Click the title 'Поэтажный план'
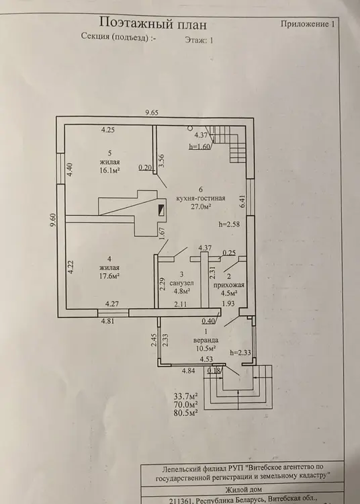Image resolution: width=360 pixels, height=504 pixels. (x=153, y=24)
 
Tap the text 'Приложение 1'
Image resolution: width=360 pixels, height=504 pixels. (x=308, y=24)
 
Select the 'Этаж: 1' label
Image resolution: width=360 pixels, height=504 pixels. (x=199, y=40)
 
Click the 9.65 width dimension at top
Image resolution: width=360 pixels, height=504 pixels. (x=152, y=112)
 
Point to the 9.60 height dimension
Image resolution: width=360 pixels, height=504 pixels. (x=53, y=220)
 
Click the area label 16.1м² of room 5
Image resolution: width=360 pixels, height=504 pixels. (x=110, y=171)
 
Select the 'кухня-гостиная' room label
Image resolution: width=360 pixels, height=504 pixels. (x=201, y=198)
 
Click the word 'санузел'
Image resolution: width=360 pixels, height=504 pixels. (x=182, y=283)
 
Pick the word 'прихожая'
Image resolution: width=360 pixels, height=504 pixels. (x=229, y=285)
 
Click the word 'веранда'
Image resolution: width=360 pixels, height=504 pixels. (x=206, y=340)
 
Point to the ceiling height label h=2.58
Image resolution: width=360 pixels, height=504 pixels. (x=229, y=224)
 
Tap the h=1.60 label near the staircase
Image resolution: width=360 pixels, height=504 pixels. (x=199, y=146)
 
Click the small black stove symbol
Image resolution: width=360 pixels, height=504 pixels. (x=162, y=210)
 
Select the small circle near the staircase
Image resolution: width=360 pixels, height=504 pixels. (x=191, y=128)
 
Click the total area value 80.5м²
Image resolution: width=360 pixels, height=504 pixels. (x=185, y=413)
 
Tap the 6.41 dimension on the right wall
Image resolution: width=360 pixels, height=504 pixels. (x=242, y=201)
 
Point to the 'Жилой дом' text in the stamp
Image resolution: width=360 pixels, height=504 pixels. (x=243, y=489)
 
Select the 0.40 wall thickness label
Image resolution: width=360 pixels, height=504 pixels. (x=208, y=321)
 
